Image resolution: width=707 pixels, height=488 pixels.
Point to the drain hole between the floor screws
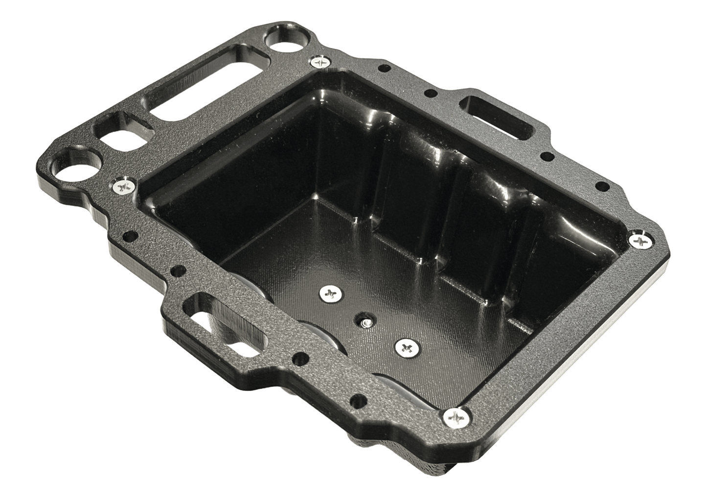coord(365,322)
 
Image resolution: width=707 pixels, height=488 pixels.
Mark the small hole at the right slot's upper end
coord(431,92)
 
